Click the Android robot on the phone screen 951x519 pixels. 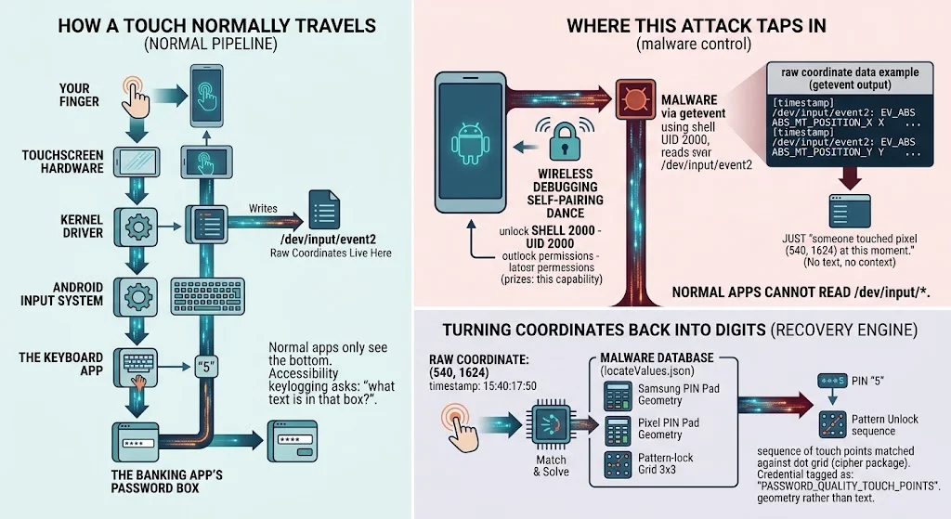click(470, 144)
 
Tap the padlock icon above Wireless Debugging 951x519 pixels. click(565, 141)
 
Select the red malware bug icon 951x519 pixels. click(635, 98)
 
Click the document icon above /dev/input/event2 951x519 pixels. click(324, 210)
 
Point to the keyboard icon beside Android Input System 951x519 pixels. click(208, 296)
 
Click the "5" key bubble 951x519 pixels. click(206, 367)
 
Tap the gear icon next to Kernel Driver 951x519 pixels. click(137, 227)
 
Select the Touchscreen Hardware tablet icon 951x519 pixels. click(137, 162)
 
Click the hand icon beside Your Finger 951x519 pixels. click(135, 97)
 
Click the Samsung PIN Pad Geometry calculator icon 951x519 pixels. click(618, 396)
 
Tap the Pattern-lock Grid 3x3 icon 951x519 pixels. click(618, 465)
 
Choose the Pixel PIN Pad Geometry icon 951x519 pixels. click(618, 431)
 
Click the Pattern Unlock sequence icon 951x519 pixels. click(832, 424)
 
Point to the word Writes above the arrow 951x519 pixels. click(263, 209)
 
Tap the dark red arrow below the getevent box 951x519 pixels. click(849, 178)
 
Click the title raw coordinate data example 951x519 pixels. click(850, 72)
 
